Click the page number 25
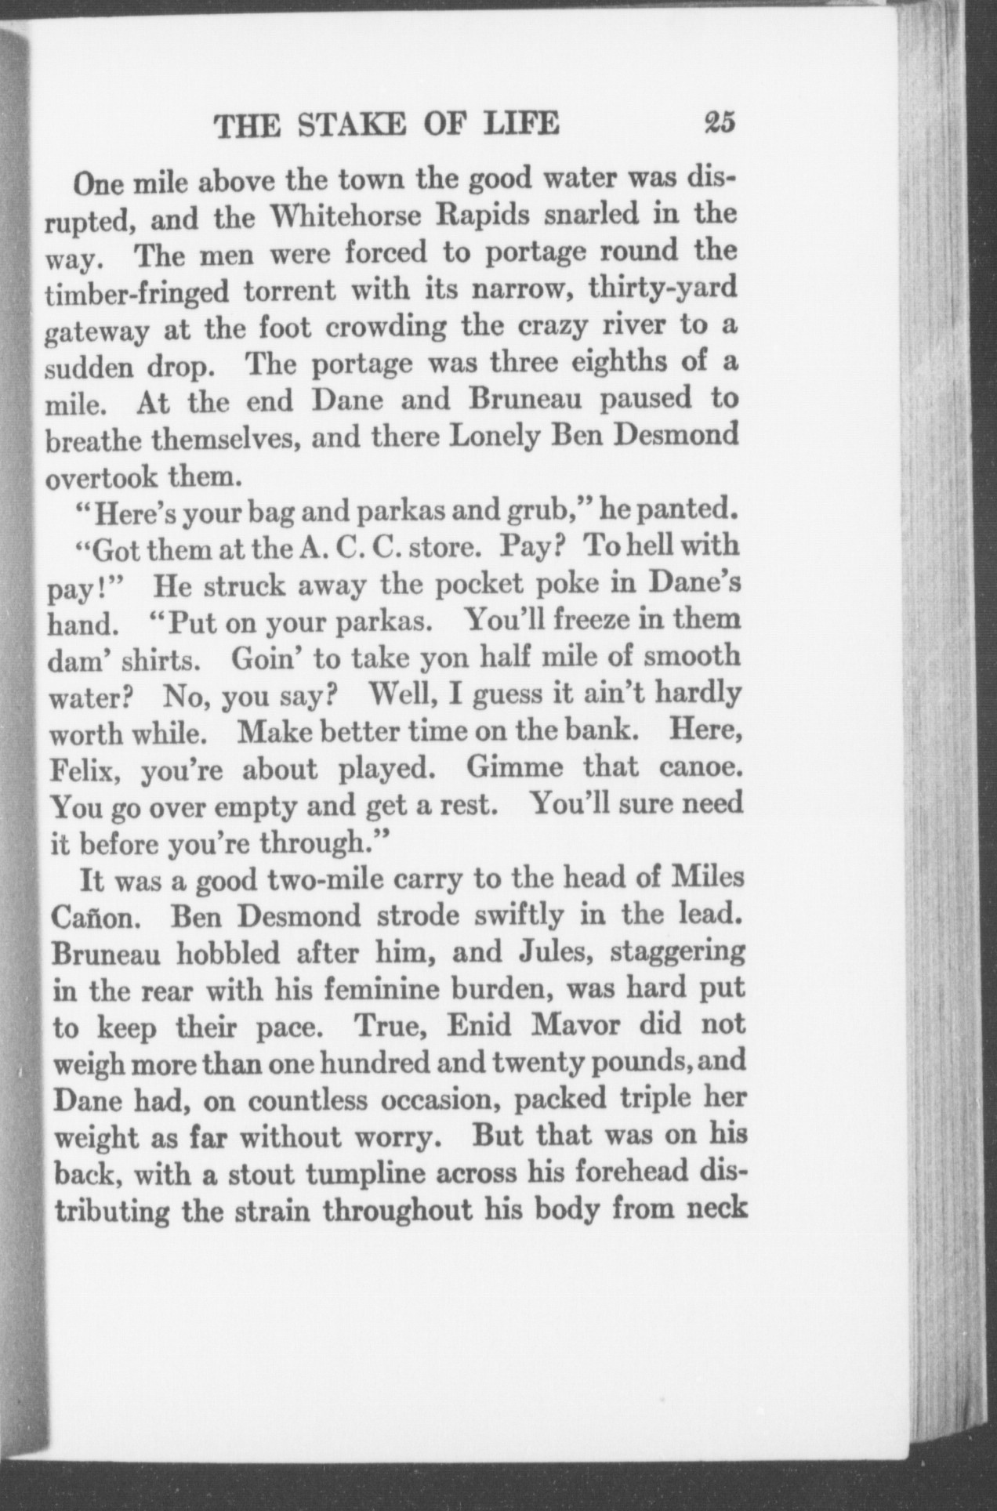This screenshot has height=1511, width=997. click(717, 125)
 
